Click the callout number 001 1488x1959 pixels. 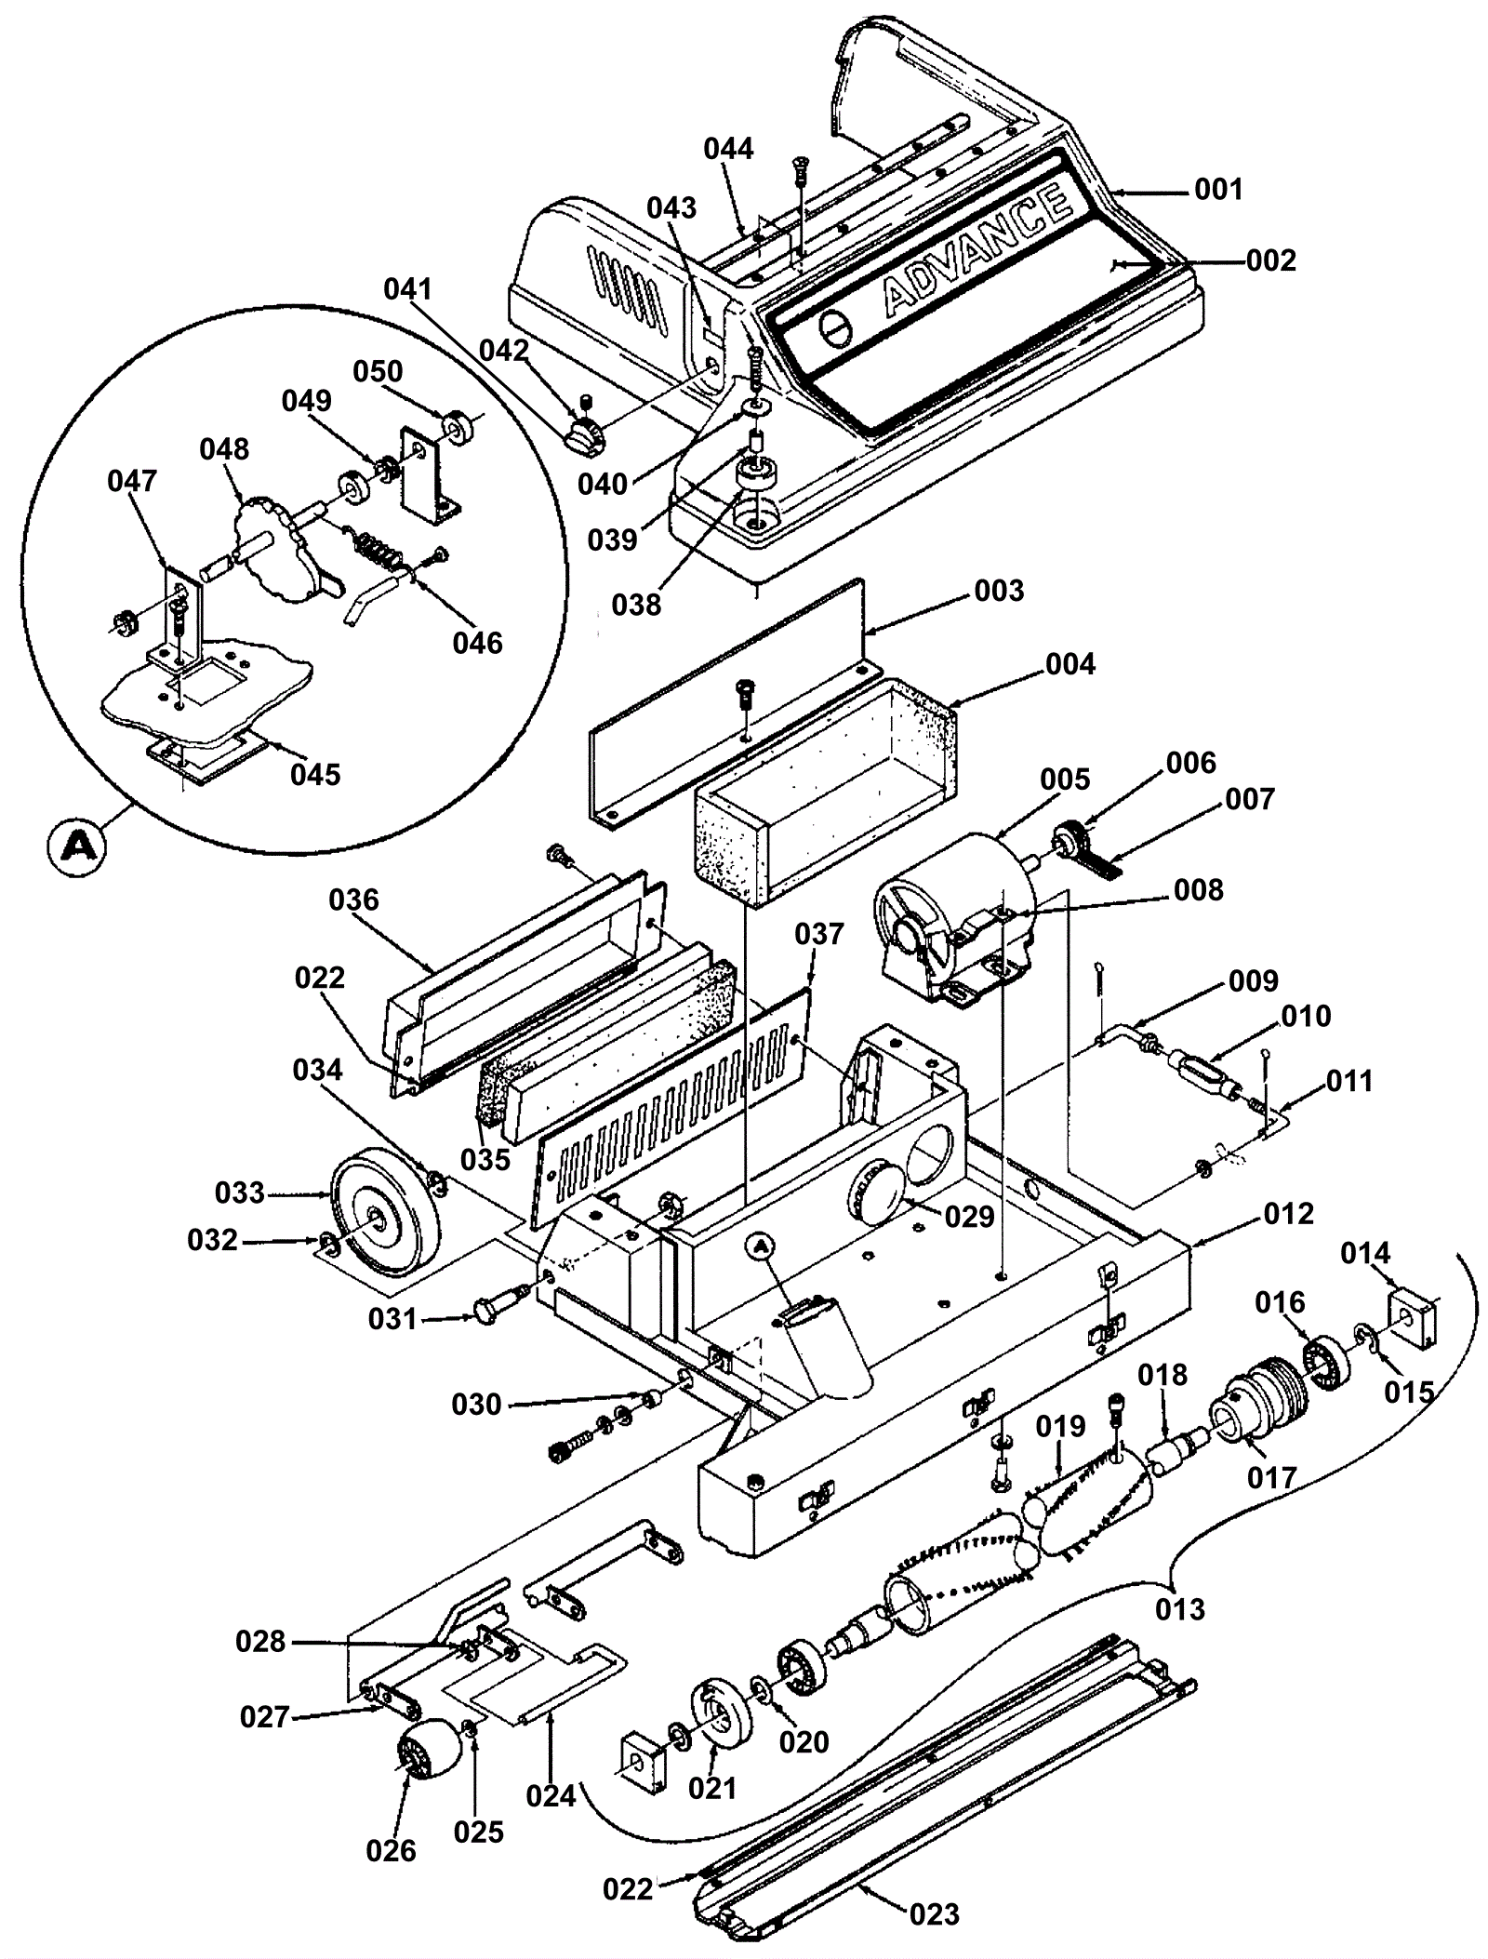tap(1218, 190)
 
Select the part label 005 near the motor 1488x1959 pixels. tap(1064, 779)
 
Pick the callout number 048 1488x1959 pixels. tap(224, 448)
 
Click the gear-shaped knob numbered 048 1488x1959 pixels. tap(276, 550)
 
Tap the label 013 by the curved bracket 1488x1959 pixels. tap(1179, 1609)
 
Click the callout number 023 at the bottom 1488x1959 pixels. tap(934, 1913)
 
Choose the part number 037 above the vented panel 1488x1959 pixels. tap(818, 934)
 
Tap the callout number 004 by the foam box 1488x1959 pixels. tap(1069, 664)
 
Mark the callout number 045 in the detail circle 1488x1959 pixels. tap(315, 774)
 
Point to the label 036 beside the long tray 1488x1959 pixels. tap(354, 900)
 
